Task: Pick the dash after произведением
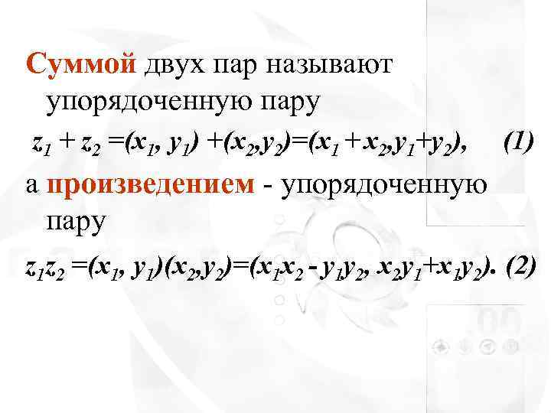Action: pyautogui.click(x=270, y=186)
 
